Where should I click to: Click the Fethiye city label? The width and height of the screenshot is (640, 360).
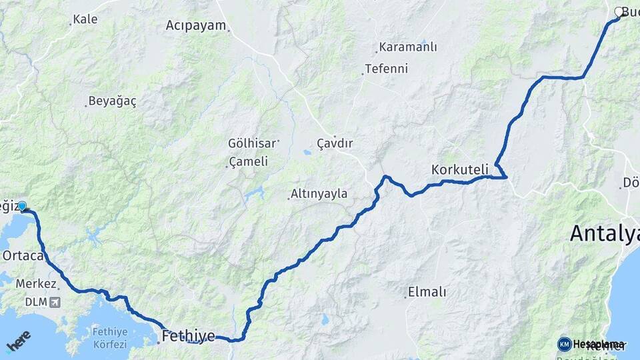click(188, 336)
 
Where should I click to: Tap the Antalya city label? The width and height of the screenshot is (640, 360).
click(604, 233)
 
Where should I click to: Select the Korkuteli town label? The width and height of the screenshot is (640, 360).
click(460, 169)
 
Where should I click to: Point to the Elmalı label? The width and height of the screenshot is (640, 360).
click(427, 292)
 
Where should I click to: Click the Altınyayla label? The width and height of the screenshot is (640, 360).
click(319, 194)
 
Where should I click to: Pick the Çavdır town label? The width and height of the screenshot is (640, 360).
click(335, 143)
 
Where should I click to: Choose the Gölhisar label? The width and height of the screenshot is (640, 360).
click(252, 143)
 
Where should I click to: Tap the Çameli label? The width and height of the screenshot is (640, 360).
click(248, 161)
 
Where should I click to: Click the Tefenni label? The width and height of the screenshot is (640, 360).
click(386, 69)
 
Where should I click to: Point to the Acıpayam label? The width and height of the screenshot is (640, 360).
click(197, 25)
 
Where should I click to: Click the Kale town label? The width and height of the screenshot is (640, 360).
click(85, 19)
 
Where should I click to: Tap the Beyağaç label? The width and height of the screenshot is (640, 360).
click(112, 101)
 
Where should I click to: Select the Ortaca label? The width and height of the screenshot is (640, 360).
click(23, 255)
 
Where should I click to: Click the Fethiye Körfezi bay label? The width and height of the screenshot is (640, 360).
click(109, 337)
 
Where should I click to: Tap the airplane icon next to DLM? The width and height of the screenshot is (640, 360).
click(54, 302)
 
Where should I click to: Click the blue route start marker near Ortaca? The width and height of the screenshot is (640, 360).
click(22, 207)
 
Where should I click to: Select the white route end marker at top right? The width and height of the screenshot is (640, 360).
click(619, 11)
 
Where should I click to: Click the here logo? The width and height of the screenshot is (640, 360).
click(18, 341)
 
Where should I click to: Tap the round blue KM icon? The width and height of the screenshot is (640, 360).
click(564, 344)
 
